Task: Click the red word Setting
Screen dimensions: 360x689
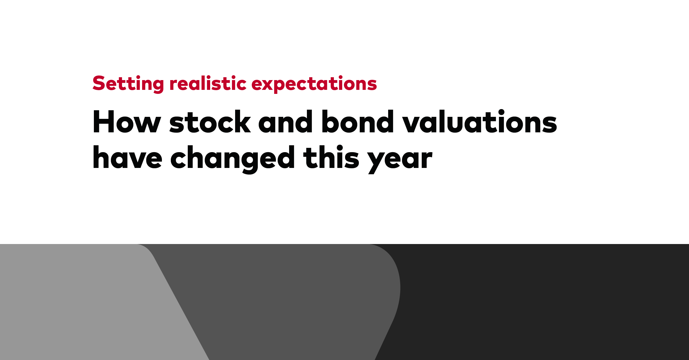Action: click(128, 84)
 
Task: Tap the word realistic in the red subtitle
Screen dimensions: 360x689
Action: click(208, 84)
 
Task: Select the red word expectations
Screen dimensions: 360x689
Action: click(314, 84)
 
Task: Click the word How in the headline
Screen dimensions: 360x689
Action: click(126, 122)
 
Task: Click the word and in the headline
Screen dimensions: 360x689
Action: click(285, 122)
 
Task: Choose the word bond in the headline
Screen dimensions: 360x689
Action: click(358, 122)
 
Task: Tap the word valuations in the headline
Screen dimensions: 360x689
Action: click(479, 122)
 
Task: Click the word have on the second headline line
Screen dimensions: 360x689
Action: click(127, 158)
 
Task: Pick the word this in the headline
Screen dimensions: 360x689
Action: click(331, 158)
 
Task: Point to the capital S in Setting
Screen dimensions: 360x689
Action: click(99, 84)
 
